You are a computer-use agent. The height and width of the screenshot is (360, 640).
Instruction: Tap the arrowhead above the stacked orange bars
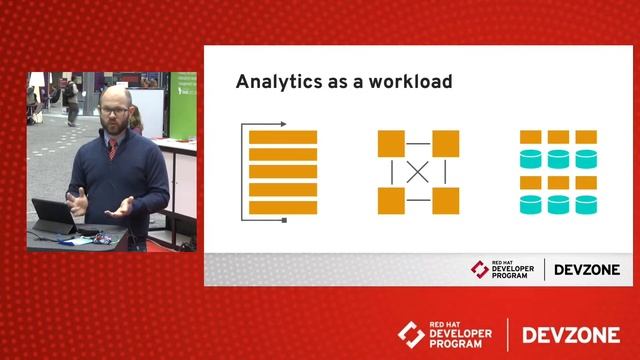(x=284, y=124)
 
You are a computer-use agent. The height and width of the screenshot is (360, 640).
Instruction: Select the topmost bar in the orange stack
(x=283, y=138)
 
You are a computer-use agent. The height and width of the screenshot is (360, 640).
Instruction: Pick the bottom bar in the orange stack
(x=283, y=208)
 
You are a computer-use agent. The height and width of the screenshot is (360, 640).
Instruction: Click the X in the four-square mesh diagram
(x=418, y=172)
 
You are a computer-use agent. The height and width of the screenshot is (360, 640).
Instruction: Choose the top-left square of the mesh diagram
(x=391, y=144)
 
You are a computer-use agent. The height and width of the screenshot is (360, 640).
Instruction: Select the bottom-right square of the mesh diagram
(x=445, y=200)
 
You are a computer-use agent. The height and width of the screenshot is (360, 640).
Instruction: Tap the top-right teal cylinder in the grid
(x=586, y=158)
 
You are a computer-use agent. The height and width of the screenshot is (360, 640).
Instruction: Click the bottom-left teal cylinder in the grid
(x=531, y=205)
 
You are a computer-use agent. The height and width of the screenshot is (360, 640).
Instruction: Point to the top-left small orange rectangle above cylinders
(x=531, y=137)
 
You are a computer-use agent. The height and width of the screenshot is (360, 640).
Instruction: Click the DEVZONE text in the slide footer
(x=587, y=269)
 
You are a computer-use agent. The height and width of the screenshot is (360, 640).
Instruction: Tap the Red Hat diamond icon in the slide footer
(x=481, y=269)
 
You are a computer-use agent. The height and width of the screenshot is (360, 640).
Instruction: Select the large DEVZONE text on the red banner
(x=570, y=334)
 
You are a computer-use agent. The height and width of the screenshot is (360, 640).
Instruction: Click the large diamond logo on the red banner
(x=412, y=334)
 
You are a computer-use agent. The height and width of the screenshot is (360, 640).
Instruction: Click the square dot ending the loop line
(x=285, y=220)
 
